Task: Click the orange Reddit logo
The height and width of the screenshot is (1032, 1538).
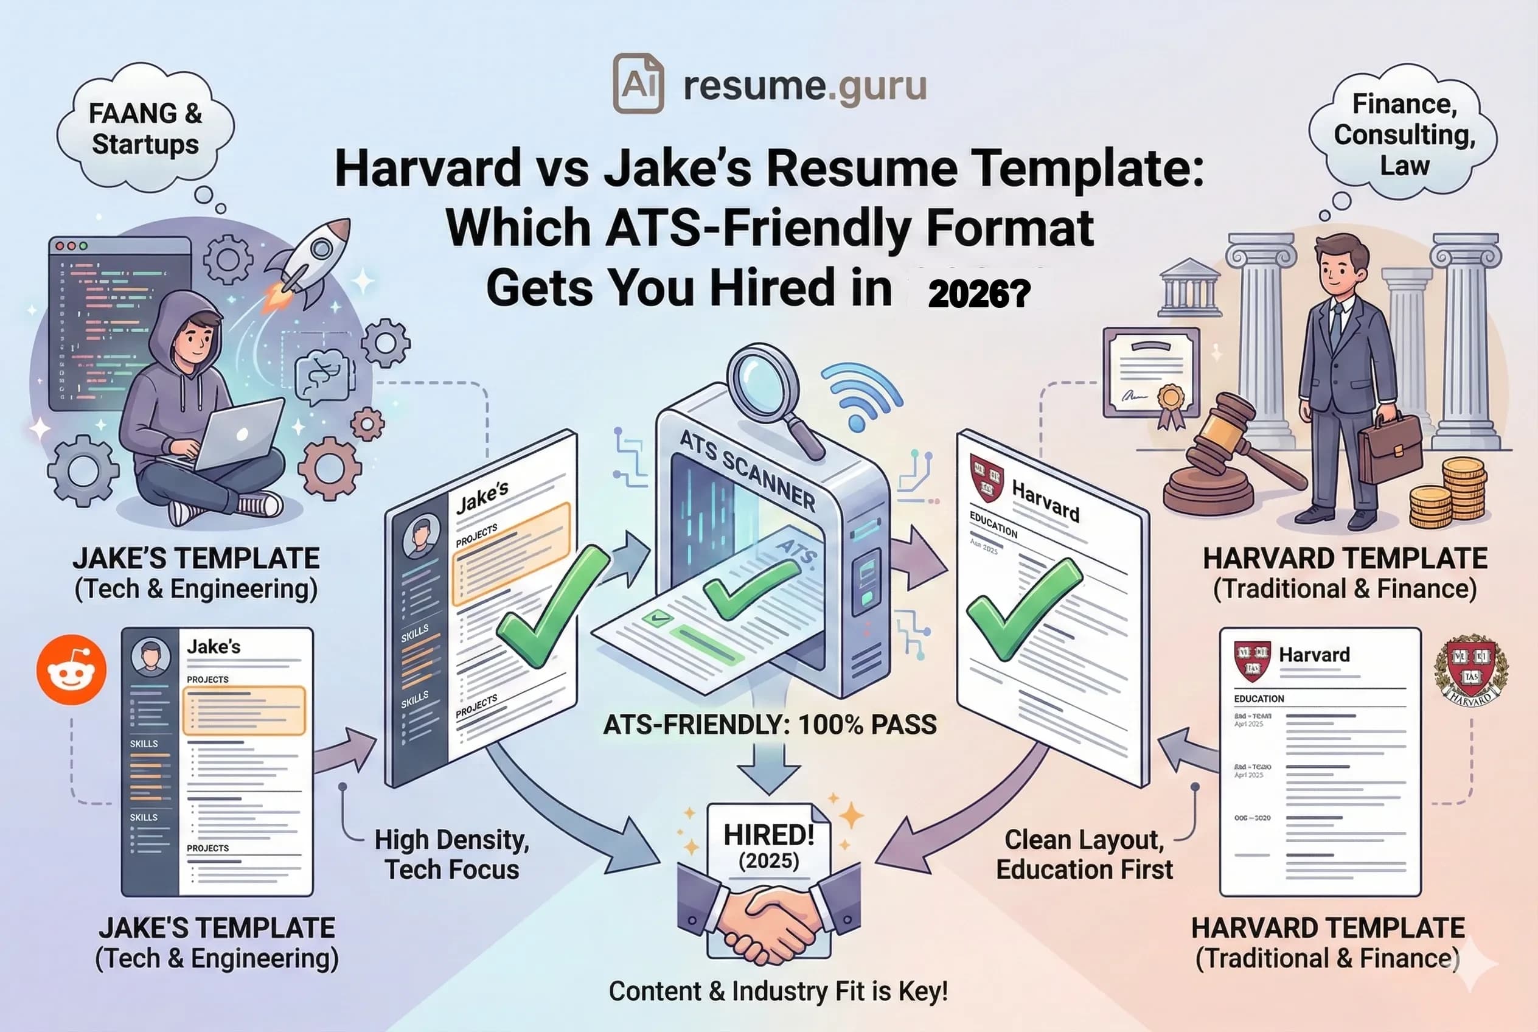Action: (x=71, y=669)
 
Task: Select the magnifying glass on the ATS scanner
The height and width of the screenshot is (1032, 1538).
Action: (x=767, y=382)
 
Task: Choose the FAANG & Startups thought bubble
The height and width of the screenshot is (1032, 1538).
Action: (x=145, y=129)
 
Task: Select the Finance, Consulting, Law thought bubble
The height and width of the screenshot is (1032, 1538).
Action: (x=1404, y=135)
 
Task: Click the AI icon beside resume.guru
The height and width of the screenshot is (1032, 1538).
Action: (x=638, y=83)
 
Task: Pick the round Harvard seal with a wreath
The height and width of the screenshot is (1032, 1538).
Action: (x=1472, y=671)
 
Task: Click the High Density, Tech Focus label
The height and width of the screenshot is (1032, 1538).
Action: (x=451, y=854)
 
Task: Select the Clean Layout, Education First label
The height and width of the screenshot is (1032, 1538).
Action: (x=1084, y=854)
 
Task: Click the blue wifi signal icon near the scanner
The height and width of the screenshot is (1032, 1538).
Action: (x=859, y=395)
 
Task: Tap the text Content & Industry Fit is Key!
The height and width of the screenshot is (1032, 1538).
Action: (x=778, y=991)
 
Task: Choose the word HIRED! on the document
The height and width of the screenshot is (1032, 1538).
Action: (x=768, y=835)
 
